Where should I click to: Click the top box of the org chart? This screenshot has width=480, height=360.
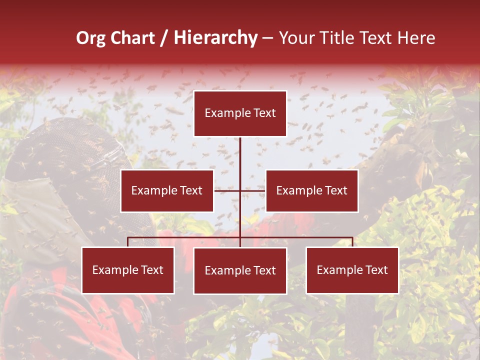(240, 113)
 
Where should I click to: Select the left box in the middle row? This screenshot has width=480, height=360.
(167, 190)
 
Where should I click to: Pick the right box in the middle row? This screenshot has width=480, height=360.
(311, 190)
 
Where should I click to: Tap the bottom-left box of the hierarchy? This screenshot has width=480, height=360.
(128, 270)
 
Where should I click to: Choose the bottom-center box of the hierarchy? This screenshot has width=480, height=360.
(240, 270)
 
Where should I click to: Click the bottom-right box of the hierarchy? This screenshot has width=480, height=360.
(352, 270)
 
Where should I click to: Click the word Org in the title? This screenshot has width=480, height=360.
(91, 38)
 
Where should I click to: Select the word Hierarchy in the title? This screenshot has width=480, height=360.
(215, 38)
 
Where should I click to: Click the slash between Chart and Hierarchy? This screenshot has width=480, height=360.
(164, 38)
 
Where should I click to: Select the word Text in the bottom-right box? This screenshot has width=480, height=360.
(376, 270)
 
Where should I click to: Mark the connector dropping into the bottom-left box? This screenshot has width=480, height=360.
(128, 242)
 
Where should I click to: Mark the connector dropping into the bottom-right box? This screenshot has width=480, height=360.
(352, 242)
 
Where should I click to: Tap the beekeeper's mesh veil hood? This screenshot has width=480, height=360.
(60, 150)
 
